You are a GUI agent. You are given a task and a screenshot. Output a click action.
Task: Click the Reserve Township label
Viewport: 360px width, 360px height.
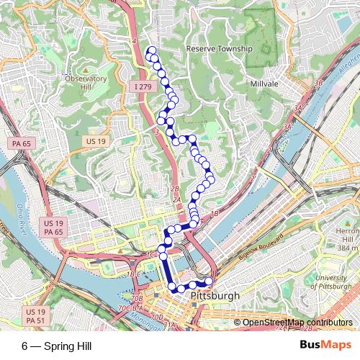tap(220, 49)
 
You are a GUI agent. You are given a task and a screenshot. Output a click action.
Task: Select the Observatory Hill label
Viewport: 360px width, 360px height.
tap(86, 83)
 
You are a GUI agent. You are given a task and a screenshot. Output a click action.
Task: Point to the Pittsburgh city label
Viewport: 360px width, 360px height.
tap(215, 296)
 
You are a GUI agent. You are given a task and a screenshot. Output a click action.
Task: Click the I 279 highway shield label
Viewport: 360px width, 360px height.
tap(143, 87)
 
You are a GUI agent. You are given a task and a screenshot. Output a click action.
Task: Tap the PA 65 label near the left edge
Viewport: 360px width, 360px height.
tap(22, 144)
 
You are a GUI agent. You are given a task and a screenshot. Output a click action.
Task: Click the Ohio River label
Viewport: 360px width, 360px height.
tap(19, 209)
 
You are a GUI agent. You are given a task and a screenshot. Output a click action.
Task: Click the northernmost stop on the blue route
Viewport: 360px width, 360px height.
tap(151, 50)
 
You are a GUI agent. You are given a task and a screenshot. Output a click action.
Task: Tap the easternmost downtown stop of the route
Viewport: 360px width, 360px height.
tap(210, 281)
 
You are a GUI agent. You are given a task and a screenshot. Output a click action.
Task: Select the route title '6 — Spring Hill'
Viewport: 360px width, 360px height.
tap(57, 346)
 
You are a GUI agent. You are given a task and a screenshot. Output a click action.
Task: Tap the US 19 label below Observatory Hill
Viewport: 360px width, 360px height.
tap(95, 140)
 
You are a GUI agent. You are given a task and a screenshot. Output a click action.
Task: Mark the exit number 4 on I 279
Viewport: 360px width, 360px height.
tap(135, 42)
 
